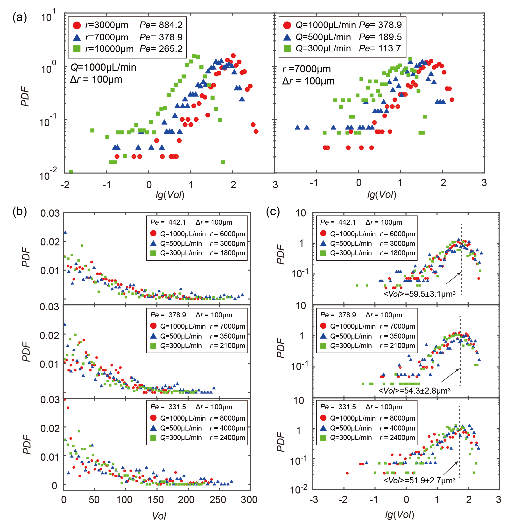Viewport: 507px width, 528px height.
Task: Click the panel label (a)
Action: coord(20,18)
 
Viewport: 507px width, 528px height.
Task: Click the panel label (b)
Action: coord(20,211)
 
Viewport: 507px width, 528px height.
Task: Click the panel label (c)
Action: coord(273,211)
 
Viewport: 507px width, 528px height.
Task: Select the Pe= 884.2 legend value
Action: coord(161,25)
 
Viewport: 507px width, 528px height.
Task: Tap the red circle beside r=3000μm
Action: coord(77,25)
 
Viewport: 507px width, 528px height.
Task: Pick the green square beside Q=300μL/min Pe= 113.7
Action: coord(287,49)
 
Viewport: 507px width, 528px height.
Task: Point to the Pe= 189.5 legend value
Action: coord(380,37)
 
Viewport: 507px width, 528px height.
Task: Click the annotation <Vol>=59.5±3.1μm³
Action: coord(419,294)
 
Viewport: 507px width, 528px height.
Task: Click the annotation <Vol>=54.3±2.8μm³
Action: coord(414,391)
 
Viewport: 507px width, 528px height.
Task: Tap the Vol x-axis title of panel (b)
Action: coord(159,516)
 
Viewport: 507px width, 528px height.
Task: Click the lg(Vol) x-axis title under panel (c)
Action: coord(399,515)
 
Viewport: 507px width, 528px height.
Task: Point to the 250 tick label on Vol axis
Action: coord(218,500)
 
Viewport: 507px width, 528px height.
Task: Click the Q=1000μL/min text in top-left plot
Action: coord(103,67)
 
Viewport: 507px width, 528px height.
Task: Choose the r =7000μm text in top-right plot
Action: coord(306,69)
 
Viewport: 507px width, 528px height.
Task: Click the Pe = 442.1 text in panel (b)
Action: coord(168,222)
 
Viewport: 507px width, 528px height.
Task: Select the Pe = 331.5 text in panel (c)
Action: coord(338,407)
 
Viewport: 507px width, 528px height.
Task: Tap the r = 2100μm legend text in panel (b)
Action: coord(227,346)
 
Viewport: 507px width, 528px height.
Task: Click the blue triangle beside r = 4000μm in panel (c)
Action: coord(323,428)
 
